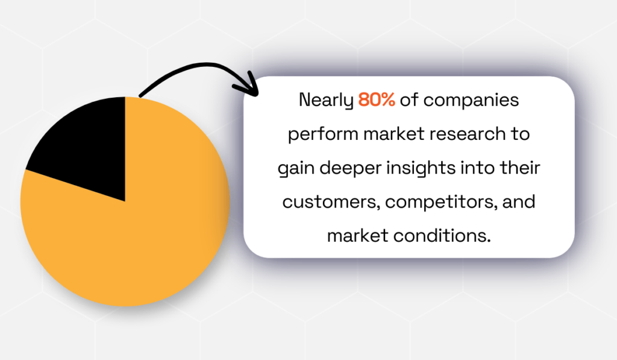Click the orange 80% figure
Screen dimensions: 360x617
[x=377, y=100]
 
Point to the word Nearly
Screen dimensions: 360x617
[x=325, y=100]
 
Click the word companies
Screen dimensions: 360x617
[x=471, y=100]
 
